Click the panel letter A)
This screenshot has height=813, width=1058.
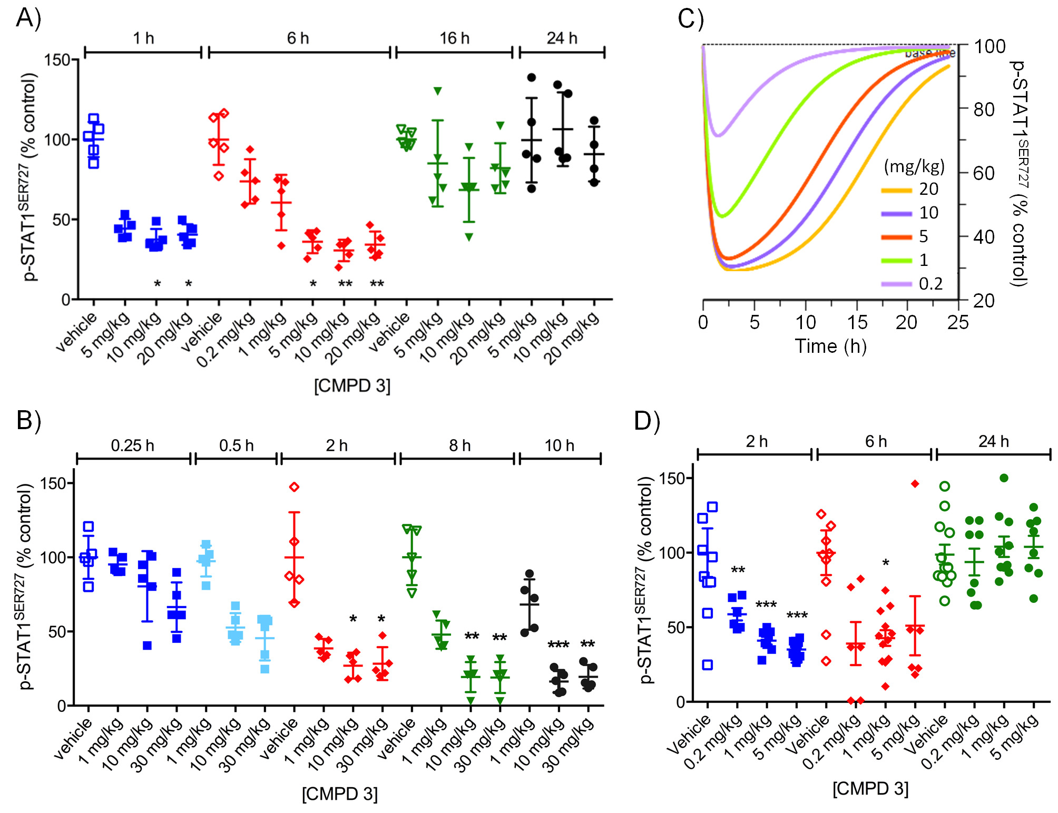pyautogui.click(x=28, y=18)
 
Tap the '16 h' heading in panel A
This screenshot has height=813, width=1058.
pyautogui.click(x=454, y=38)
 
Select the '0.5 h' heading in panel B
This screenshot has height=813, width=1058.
pyautogui.click(x=236, y=445)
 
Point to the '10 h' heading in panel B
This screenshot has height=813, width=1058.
pyautogui.click(x=559, y=445)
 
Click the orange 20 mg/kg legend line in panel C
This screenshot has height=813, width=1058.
pyautogui.click(x=896, y=190)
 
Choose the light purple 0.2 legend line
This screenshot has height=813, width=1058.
pyautogui.click(x=896, y=284)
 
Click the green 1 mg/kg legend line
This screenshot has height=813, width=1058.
pyautogui.click(x=896, y=261)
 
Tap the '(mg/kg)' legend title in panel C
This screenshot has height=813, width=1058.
pyautogui.click(x=914, y=166)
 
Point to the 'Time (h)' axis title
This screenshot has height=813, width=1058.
pyautogui.click(x=830, y=346)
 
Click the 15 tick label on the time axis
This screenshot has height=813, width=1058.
pyautogui.click(x=857, y=322)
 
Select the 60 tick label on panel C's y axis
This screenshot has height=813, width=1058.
pyautogui.click(x=983, y=173)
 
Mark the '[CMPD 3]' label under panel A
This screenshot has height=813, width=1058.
pyautogui.click(x=352, y=386)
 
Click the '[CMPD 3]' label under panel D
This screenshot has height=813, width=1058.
pyautogui.click(x=870, y=788)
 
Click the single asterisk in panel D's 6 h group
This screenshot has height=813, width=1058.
pyautogui.click(x=886, y=563)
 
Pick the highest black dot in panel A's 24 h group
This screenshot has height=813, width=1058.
pyautogui.click(x=532, y=77)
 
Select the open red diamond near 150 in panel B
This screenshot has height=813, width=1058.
pyautogui.click(x=294, y=487)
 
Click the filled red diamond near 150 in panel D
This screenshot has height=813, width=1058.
pyautogui.click(x=915, y=484)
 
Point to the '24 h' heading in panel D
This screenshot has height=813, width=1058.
pyautogui.click(x=994, y=441)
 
